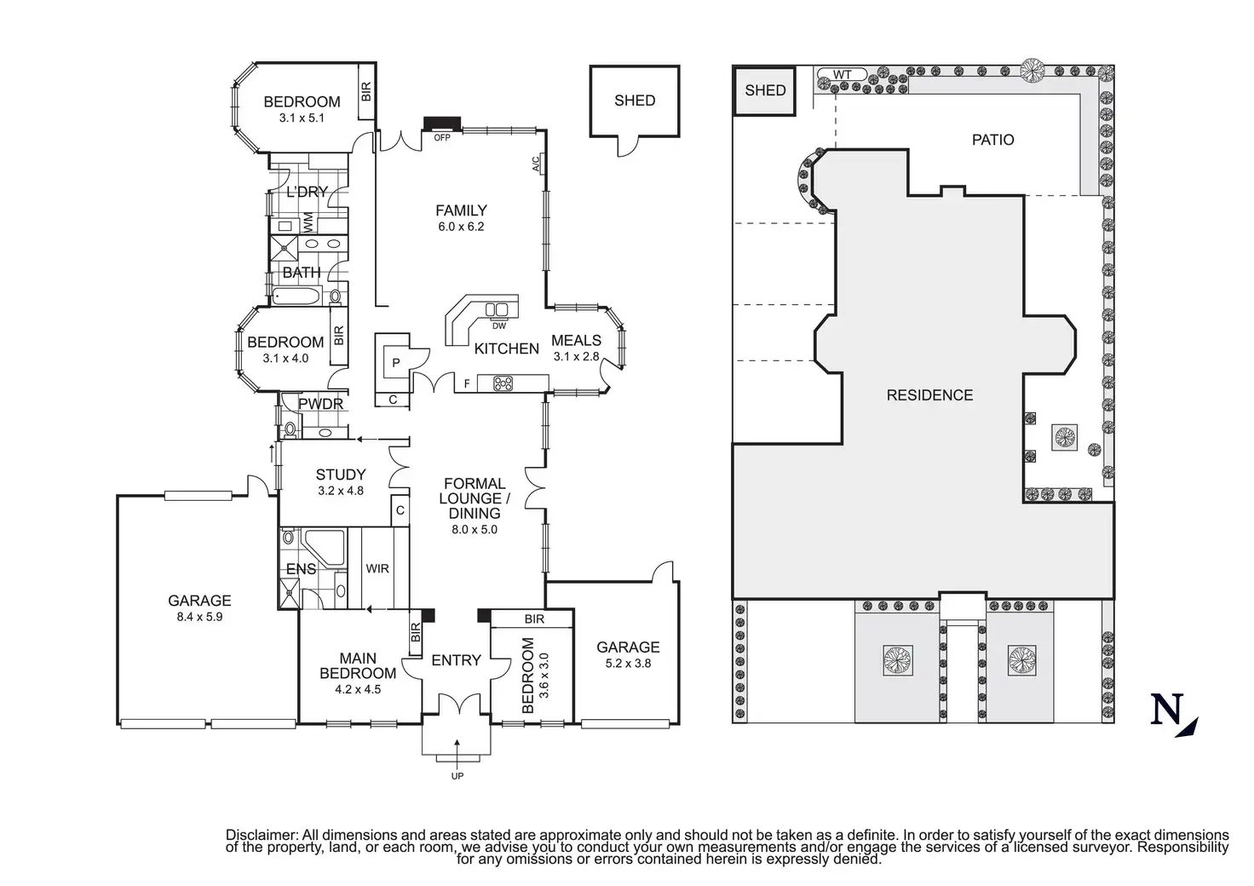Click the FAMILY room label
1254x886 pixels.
(461, 210)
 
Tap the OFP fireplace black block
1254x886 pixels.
(442, 124)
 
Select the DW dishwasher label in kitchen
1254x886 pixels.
(499, 326)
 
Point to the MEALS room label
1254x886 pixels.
(576, 341)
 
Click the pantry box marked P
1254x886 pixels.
(395, 363)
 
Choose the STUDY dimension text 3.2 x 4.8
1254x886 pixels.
(341, 491)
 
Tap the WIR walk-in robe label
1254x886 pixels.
(377, 568)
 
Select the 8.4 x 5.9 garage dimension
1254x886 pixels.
(199, 617)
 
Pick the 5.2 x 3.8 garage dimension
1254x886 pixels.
(628, 663)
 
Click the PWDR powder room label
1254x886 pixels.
(320, 405)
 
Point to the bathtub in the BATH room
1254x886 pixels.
(296, 297)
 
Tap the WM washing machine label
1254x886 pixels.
(308, 223)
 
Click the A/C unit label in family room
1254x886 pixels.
(538, 163)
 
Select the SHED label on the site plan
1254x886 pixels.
(765, 90)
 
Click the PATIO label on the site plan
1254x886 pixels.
(992, 140)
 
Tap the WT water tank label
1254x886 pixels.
(842, 75)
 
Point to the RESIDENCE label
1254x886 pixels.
(929, 395)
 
